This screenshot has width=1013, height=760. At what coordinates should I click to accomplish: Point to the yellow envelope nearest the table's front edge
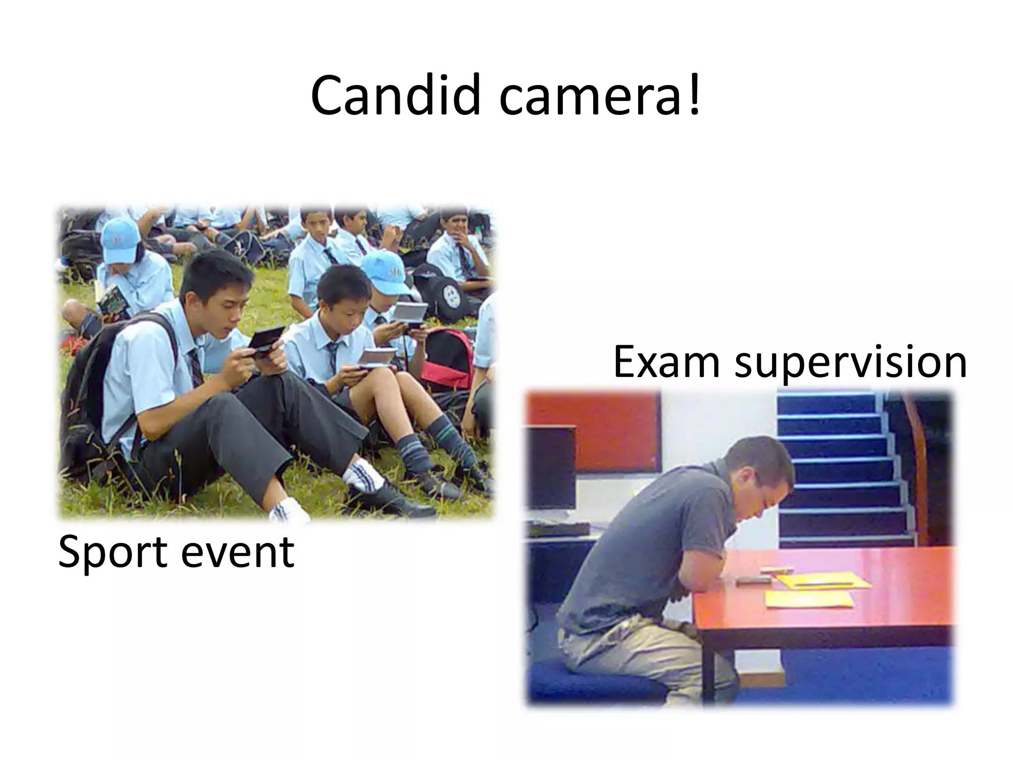(x=808, y=599)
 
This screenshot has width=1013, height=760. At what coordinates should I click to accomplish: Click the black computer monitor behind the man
(x=550, y=468)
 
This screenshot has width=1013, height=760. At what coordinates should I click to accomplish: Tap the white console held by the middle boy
(x=377, y=357)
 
